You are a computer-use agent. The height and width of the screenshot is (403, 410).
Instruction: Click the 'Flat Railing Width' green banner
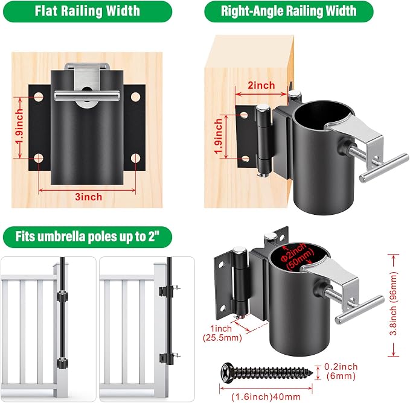coord(88,11)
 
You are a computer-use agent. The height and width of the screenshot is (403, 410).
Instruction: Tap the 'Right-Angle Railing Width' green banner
coord(289,11)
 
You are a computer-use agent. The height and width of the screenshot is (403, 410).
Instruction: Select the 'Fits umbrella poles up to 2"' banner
coord(88,237)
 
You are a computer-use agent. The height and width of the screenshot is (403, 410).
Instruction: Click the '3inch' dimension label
coord(88,197)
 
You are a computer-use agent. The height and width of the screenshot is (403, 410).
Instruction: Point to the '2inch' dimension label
coord(261,85)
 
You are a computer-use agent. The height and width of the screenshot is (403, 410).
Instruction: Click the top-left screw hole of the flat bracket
coord(39,97)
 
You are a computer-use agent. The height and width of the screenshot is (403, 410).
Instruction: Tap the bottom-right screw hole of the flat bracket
coord(135,157)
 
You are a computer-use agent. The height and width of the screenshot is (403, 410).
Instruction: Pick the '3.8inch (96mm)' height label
coord(394,303)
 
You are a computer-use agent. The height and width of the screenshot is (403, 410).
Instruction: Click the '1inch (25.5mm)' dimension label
coord(222,333)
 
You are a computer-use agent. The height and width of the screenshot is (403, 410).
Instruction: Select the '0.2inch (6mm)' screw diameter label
coord(341,371)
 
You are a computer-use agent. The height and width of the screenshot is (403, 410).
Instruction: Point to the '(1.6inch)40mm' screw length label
coord(266,397)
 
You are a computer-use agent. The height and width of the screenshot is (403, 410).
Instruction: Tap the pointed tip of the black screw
coord(312,373)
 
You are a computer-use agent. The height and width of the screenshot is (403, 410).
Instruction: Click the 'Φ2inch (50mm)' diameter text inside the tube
coord(296,256)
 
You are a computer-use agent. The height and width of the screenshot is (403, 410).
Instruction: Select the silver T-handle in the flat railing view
coord(87,95)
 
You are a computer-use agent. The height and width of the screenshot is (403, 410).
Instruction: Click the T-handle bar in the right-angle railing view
coord(384,168)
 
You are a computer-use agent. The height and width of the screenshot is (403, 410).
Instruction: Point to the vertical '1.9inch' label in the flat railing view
coord(19,127)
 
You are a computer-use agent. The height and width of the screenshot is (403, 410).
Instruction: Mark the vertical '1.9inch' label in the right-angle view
coord(219,136)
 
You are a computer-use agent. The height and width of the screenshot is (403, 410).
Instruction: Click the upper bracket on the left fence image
coord(62,296)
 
